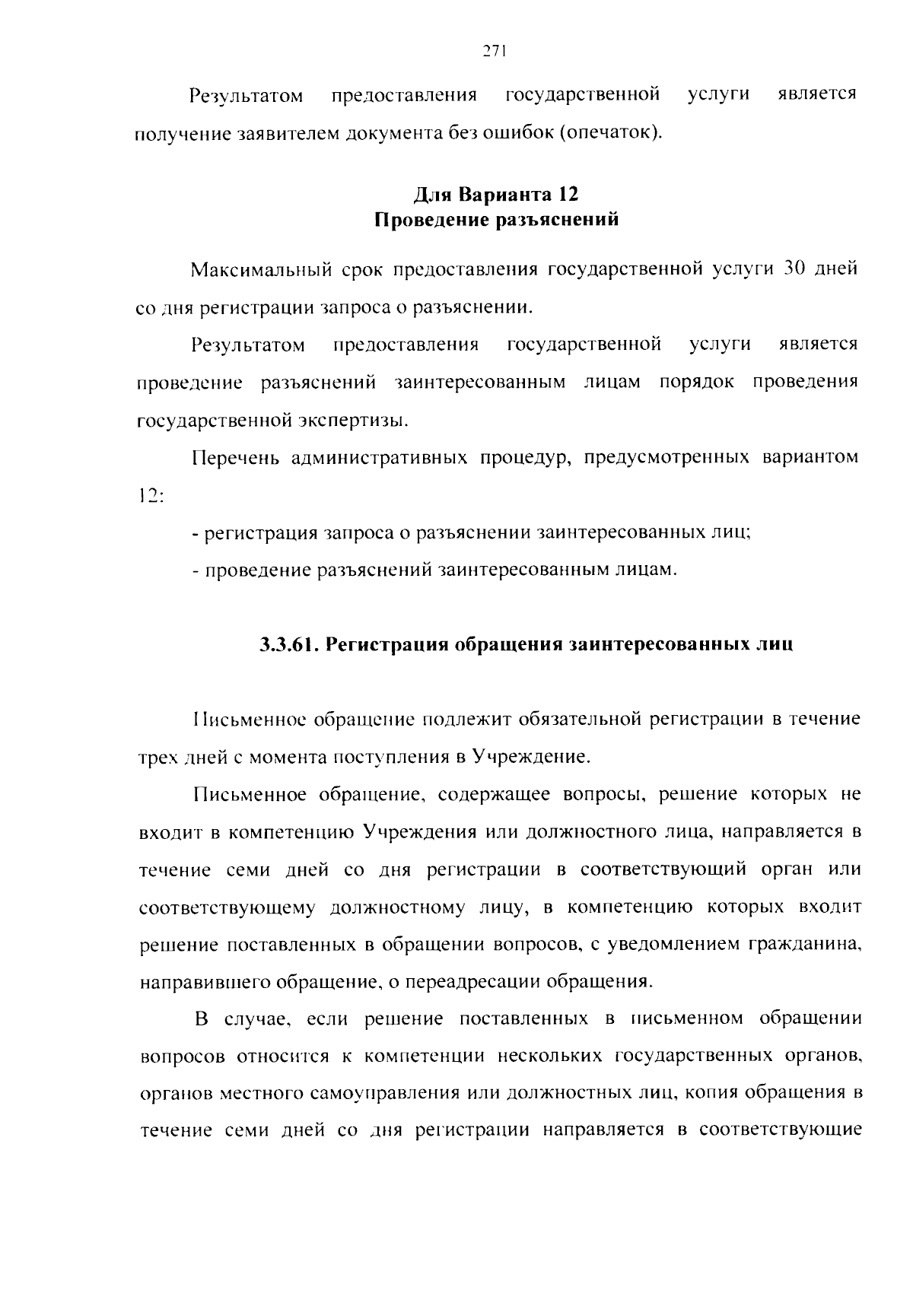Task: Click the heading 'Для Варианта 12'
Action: (x=496, y=195)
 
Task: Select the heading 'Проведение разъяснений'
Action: (x=496, y=221)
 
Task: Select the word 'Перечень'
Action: (x=234, y=458)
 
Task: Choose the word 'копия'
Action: (x=710, y=1093)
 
